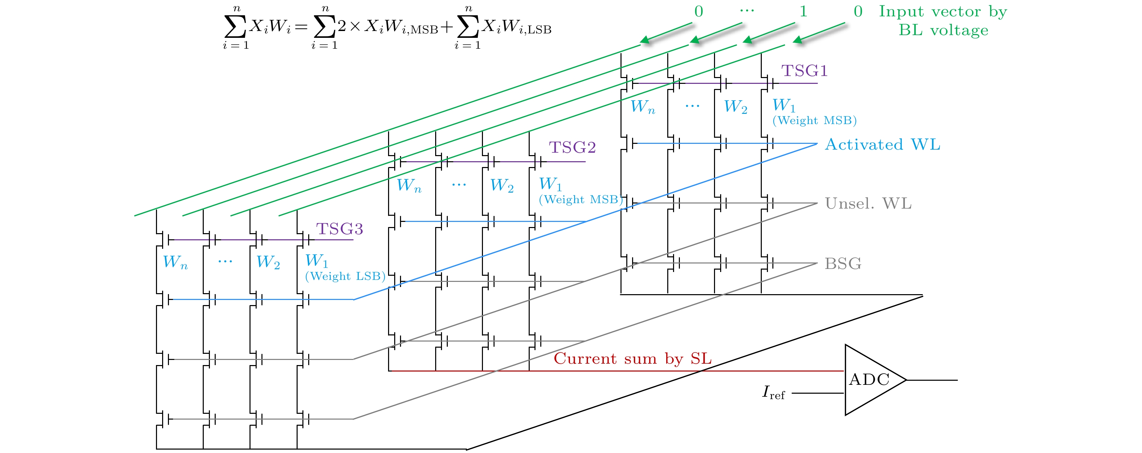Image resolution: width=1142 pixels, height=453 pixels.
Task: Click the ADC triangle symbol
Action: pyautogui.click(x=871, y=380)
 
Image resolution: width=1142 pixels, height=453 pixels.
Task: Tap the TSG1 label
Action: pyautogui.click(x=804, y=71)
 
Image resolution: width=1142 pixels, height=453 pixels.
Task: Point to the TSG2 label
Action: pyautogui.click(x=572, y=148)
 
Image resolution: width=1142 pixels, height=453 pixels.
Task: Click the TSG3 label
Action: pyautogui.click(x=339, y=229)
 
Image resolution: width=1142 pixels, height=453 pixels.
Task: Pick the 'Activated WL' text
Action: pyautogui.click(x=882, y=145)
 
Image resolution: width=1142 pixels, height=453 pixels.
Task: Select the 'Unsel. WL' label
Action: pyautogui.click(x=868, y=204)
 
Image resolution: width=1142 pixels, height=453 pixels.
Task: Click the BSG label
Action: pyautogui.click(x=843, y=264)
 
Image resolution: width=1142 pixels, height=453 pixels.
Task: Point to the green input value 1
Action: pyautogui.click(x=803, y=12)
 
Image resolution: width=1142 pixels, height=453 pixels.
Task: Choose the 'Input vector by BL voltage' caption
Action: pyautogui.click(x=943, y=21)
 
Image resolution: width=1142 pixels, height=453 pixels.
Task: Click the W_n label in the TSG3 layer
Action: pyautogui.click(x=175, y=262)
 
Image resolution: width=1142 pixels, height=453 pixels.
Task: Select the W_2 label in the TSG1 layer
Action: pyautogui.click(x=736, y=107)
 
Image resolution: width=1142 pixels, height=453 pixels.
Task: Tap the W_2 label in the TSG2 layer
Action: pyautogui.click(x=501, y=185)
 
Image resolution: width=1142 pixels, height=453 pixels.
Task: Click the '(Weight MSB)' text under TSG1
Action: pyautogui.click(x=814, y=120)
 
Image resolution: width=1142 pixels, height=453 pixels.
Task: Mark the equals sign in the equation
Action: pyautogui.click(x=301, y=28)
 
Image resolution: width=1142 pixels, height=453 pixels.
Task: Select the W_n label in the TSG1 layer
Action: pyautogui.click(x=642, y=107)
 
